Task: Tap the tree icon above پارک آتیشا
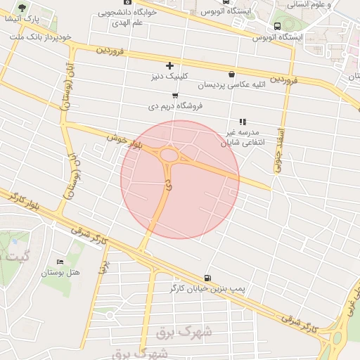tap(23, 8)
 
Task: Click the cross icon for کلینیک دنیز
tap(169, 66)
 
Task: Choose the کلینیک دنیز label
tap(169, 76)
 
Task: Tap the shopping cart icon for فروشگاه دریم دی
tap(175, 96)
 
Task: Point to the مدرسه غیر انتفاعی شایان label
tap(241, 136)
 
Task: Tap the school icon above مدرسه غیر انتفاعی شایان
tap(243, 121)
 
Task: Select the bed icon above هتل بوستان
tap(60, 261)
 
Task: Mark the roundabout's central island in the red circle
tap(169, 155)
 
